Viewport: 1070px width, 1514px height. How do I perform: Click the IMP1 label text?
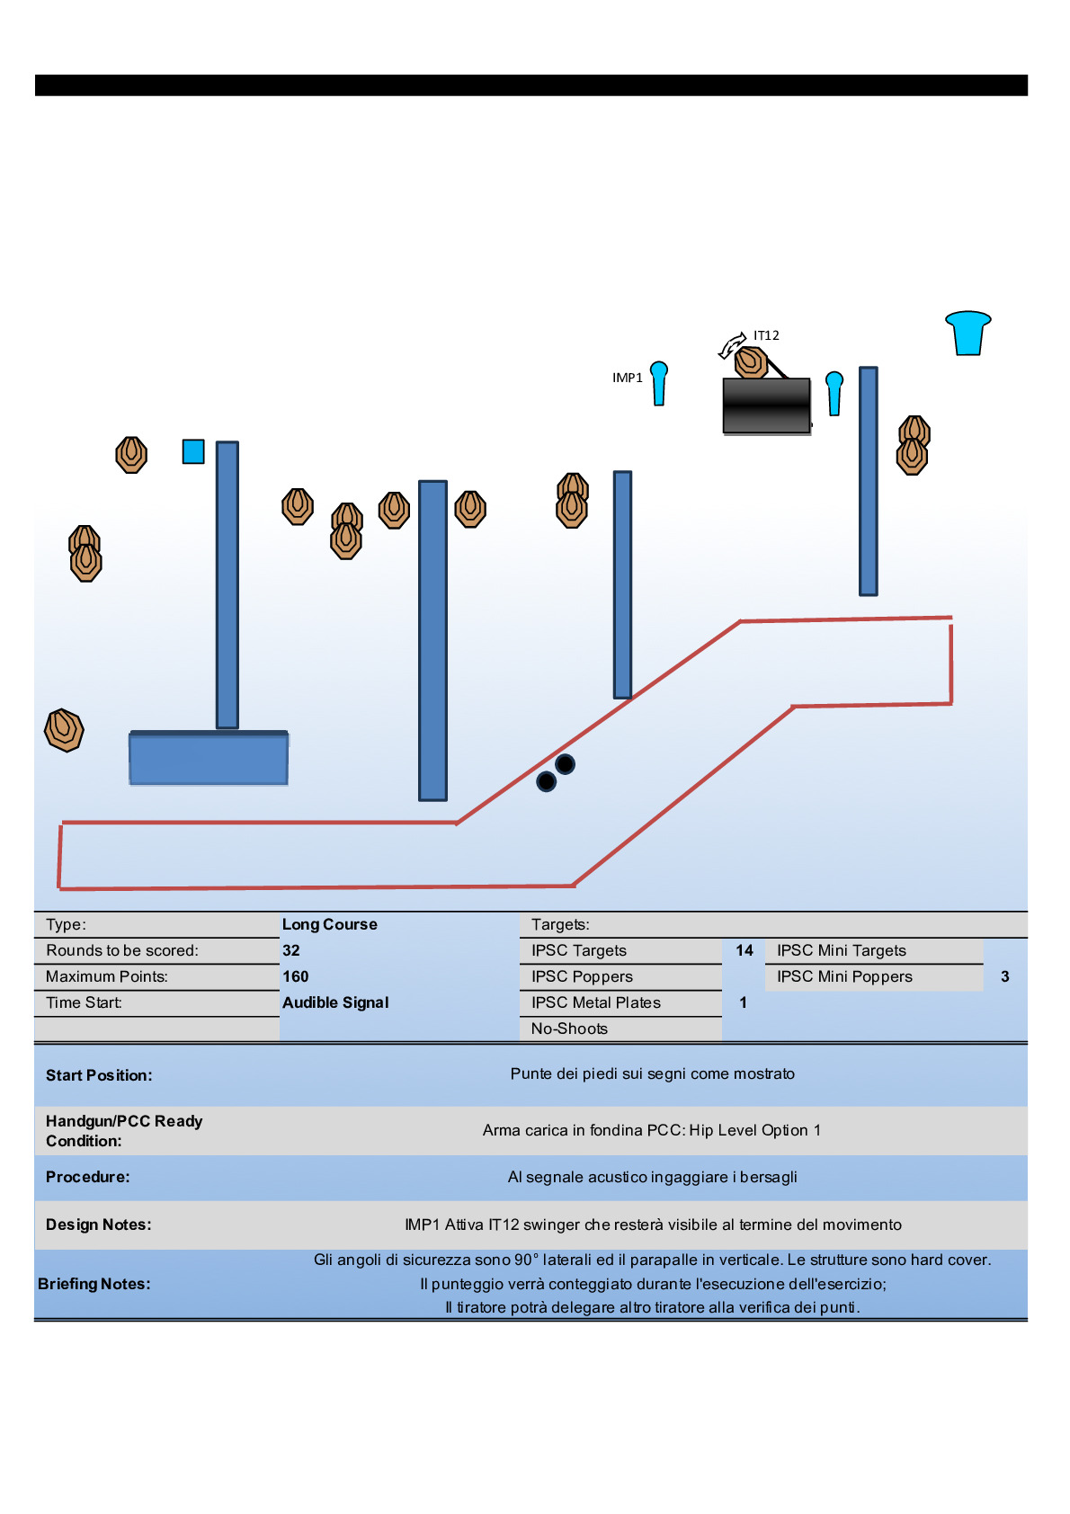pos(627,378)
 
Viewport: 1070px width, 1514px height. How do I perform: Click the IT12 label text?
pos(766,335)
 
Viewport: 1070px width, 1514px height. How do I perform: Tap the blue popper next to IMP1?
pos(659,383)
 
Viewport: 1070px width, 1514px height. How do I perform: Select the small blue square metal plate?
pos(193,451)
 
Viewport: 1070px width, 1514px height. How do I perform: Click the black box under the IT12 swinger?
pos(767,405)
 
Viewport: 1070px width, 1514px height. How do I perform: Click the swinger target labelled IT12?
pos(751,362)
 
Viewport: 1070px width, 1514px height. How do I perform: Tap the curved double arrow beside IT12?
pos(732,345)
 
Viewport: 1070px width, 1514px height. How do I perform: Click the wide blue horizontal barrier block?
pos(209,759)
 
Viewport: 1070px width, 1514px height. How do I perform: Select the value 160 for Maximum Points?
pos(295,976)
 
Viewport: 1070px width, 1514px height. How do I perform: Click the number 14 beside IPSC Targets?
pos(745,950)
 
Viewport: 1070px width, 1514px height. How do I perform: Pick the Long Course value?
pos(329,924)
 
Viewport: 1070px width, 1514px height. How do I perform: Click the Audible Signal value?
pos(335,1002)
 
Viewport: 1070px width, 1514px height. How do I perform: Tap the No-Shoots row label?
pos(569,1029)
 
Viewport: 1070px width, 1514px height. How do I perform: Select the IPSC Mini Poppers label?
pos(844,976)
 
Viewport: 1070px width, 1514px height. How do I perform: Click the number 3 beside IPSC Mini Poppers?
pos(1004,976)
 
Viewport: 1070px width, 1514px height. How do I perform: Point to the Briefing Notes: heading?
pos(94,1284)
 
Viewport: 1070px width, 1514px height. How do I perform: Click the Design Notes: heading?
pos(99,1225)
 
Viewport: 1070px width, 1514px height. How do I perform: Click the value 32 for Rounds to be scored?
pos(291,950)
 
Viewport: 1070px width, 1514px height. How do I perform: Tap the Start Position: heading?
pos(99,1075)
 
